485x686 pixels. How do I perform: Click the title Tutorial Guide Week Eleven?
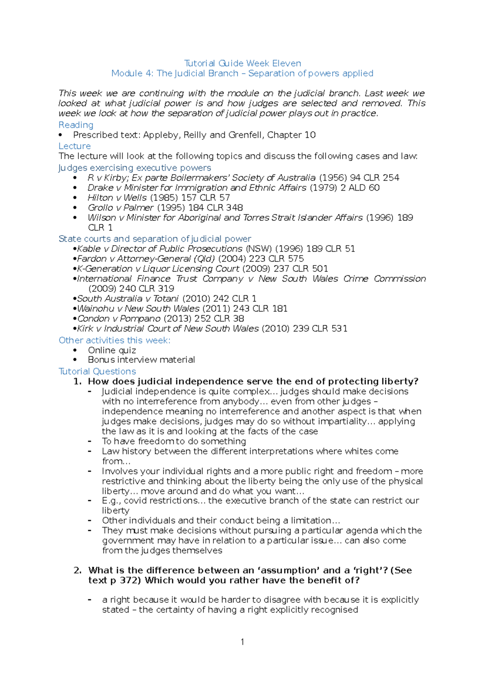[x=242, y=63]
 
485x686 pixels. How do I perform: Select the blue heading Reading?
[x=76, y=125]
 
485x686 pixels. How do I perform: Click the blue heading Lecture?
[x=75, y=146]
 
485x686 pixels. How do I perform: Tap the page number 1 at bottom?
[x=242, y=642]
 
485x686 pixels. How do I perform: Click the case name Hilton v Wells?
[x=117, y=198]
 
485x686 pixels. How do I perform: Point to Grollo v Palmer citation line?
[x=165, y=208]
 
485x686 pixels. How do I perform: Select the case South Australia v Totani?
[x=128, y=299]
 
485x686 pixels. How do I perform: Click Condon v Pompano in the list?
[x=119, y=318]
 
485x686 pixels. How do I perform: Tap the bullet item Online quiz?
[x=112, y=350]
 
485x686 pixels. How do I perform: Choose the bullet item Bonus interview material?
[x=141, y=360]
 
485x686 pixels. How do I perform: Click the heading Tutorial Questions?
[x=97, y=371]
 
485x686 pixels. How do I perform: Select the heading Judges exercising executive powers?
[x=135, y=168]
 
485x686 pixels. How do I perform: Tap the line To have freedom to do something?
[x=174, y=441]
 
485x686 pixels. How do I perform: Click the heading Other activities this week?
[x=114, y=340]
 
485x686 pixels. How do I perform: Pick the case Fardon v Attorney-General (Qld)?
[x=146, y=259]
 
